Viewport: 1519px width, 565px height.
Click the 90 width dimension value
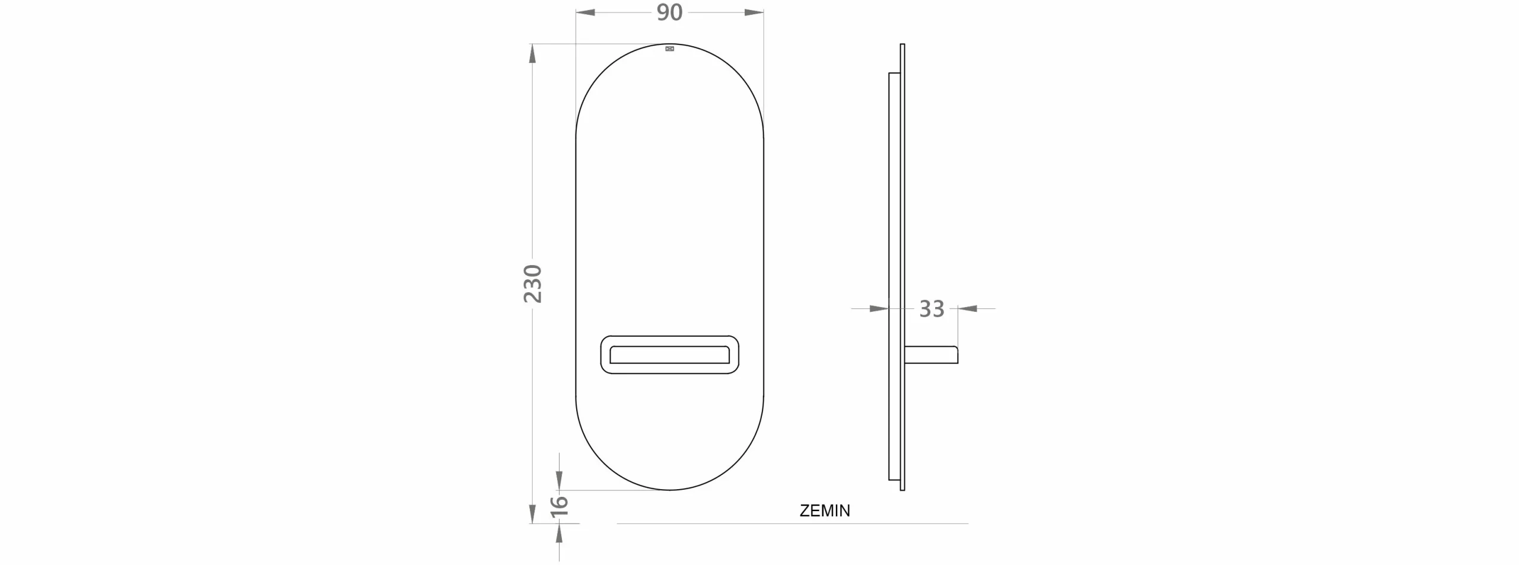669,12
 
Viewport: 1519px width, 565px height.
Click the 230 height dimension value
533,284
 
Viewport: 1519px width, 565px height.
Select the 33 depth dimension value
931,309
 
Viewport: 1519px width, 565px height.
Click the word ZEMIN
825,510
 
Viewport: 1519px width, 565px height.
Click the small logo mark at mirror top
670,49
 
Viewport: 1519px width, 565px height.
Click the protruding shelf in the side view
931,355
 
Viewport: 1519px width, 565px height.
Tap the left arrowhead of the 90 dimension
586,12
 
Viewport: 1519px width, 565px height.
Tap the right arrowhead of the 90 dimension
754,12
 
